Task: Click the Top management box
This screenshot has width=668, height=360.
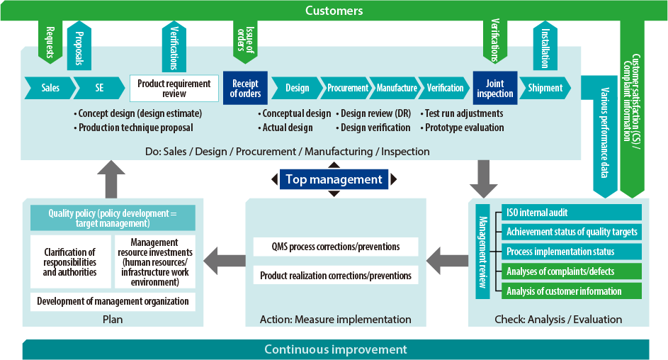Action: (x=334, y=179)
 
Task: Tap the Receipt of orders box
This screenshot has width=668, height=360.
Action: (x=245, y=88)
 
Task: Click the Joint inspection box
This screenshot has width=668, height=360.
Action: (x=495, y=88)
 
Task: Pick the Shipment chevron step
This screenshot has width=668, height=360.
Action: (x=545, y=88)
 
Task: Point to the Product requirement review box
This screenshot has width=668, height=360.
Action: (x=174, y=88)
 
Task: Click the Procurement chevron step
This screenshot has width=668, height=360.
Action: (x=347, y=88)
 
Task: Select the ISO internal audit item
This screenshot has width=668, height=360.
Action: (x=571, y=212)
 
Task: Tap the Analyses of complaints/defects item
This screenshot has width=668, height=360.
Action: (x=571, y=271)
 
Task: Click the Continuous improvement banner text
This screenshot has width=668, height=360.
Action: (x=336, y=349)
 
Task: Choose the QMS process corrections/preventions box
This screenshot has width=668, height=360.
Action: (x=336, y=247)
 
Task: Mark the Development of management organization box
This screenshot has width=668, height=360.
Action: (x=113, y=301)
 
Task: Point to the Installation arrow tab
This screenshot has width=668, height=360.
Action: (x=545, y=47)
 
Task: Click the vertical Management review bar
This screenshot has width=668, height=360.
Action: (x=482, y=252)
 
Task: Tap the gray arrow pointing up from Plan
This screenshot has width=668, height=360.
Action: (x=111, y=179)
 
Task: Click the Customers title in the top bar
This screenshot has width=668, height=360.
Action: (x=334, y=11)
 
